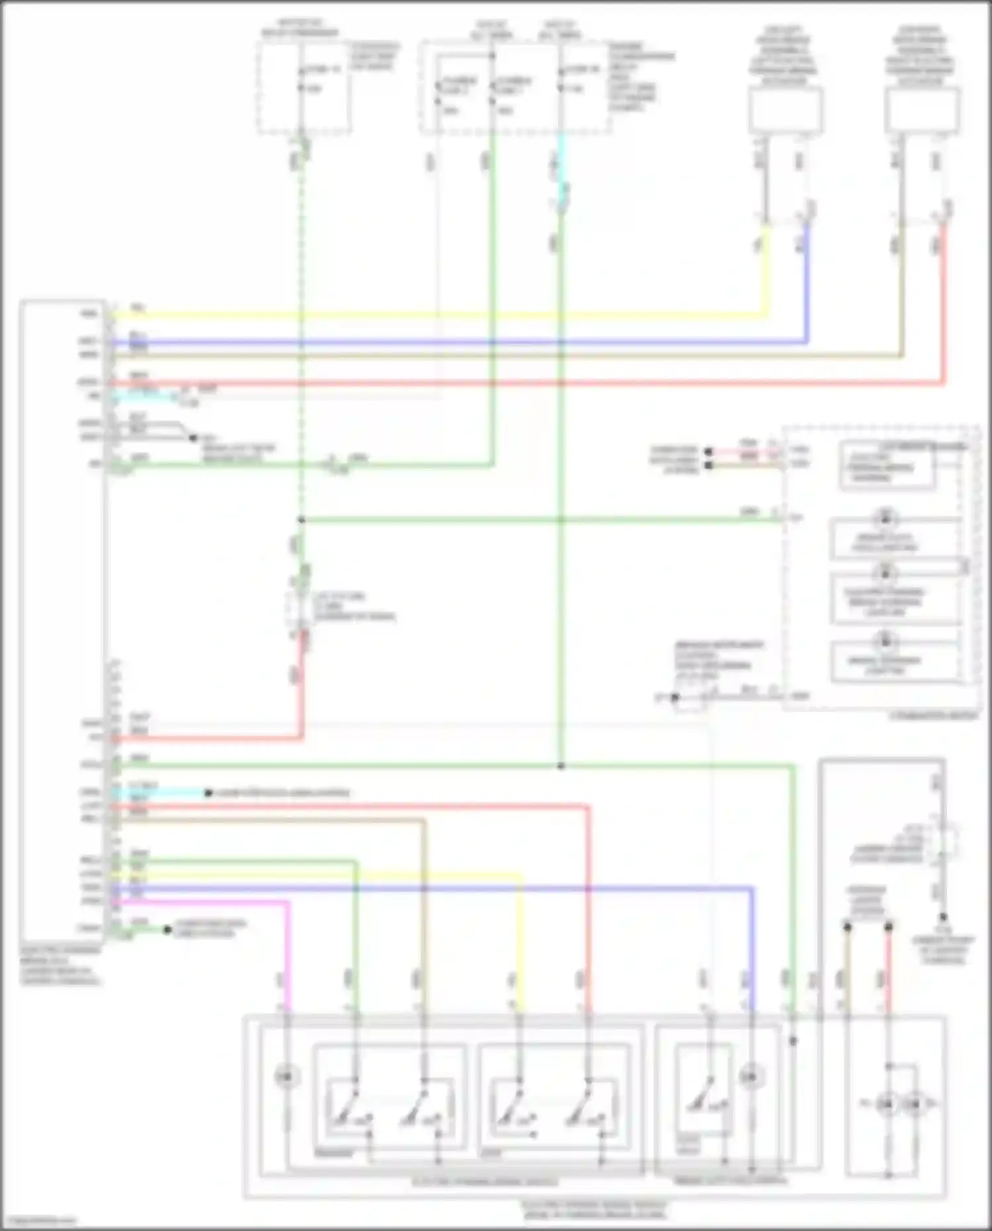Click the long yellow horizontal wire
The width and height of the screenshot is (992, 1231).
(436, 314)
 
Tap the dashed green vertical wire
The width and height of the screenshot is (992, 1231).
(301, 331)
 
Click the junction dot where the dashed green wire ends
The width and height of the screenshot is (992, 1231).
(301, 520)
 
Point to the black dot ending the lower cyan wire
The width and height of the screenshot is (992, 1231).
(208, 792)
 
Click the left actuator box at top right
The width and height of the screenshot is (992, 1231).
(786, 110)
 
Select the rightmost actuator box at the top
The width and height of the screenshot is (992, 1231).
(921, 110)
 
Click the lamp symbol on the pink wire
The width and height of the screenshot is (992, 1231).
(286, 1078)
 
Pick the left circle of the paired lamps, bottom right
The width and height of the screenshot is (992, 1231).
(887, 1103)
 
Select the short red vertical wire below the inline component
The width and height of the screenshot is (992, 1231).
(303, 681)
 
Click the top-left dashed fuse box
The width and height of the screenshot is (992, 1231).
(303, 87)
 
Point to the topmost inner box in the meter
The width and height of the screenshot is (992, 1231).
(886, 466)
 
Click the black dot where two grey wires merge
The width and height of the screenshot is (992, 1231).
(193, 438)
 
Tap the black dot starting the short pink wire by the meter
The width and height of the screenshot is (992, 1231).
(708, 452)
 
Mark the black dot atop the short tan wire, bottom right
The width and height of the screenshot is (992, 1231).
(847, 927)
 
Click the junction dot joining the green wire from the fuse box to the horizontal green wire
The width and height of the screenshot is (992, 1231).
(561, 766)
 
